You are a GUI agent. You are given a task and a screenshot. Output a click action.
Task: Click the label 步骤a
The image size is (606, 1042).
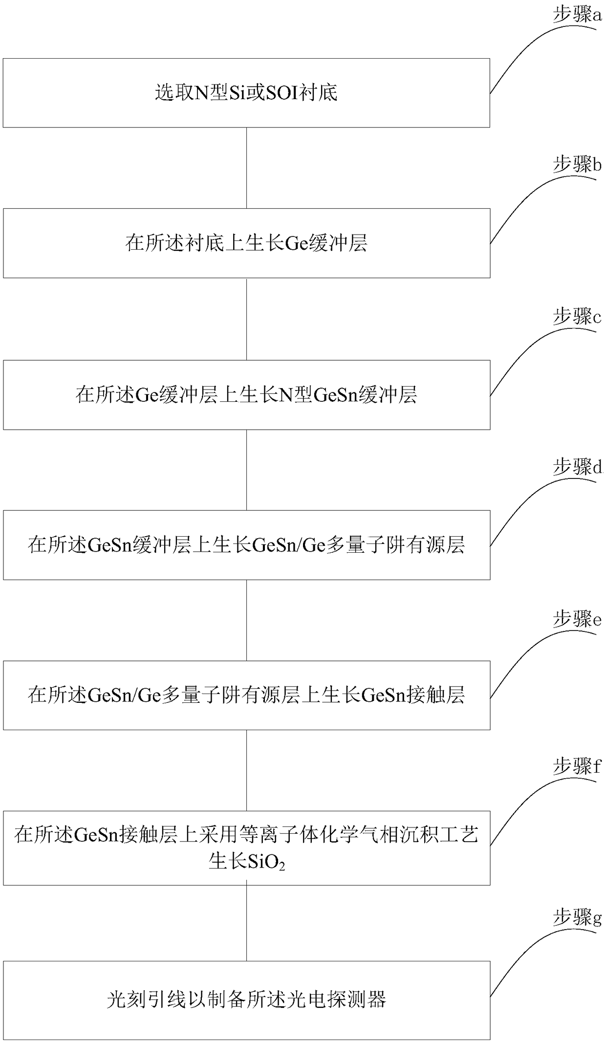[577, 16]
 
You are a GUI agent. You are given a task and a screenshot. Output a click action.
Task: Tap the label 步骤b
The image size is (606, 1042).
[577, 165]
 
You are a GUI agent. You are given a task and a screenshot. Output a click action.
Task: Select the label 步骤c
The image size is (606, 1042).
[577, 317]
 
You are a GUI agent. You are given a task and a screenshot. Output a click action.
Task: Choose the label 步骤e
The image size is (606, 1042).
[577, 619]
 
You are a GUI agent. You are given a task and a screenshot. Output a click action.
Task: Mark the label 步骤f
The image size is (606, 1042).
[577, 766]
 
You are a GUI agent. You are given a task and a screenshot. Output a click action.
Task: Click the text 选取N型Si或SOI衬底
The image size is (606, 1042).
[246, 92]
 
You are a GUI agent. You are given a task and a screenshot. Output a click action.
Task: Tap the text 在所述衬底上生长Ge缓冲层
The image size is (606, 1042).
[246, 243]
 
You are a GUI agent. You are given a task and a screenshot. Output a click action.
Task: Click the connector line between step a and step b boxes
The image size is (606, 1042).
[246, 168]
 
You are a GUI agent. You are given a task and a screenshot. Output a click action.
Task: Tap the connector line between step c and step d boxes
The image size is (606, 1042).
[246, 470]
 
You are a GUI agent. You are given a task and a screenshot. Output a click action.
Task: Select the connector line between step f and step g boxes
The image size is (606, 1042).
[246, 923]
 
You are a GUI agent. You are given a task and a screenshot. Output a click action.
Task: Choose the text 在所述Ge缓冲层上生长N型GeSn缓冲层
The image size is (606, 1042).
[246, 394]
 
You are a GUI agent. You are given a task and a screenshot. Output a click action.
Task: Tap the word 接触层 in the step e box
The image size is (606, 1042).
[437, 695]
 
